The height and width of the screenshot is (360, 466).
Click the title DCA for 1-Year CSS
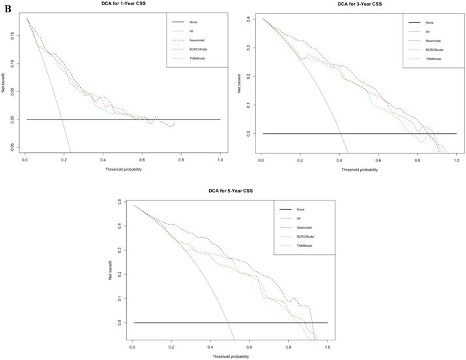coord(122,4)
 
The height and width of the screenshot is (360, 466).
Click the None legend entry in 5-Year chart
coord(299,209)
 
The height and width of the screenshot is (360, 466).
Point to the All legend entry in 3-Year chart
coord(427,31)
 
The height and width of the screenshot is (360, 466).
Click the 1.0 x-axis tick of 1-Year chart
coord(220,159)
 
